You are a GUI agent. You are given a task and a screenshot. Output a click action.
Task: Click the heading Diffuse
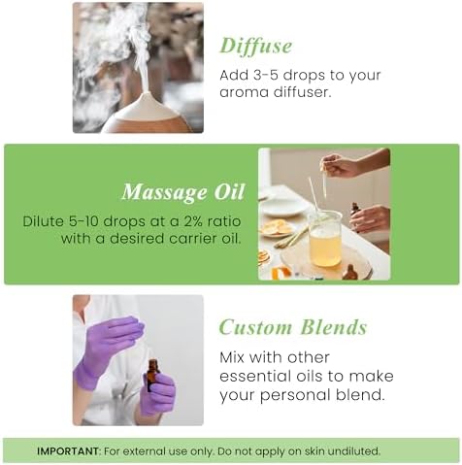tap(255, 46)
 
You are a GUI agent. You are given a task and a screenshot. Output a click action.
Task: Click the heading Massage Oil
tap(181, 191)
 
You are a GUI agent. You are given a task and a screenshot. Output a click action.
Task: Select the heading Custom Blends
tap(292, 327)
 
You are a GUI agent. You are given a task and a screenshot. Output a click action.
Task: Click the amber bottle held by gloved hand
tap(152, 375)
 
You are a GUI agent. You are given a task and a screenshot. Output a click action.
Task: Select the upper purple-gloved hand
tap(112, 339)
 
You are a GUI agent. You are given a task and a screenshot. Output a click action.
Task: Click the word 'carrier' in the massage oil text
tap(170, 239)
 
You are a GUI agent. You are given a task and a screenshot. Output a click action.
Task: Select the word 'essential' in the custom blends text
tap(257, 377)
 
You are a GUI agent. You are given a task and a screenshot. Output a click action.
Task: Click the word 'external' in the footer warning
tap(153, 450)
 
